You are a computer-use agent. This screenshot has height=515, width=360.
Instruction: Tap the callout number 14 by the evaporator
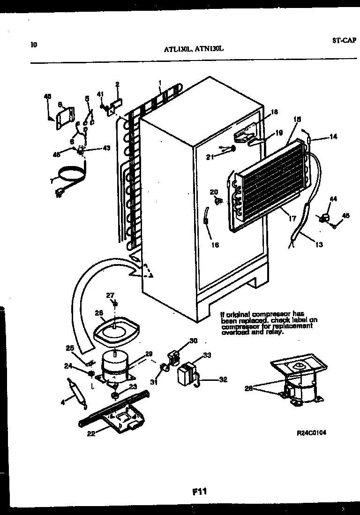[x=333, y=137]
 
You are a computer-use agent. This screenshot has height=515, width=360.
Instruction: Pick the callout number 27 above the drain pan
[x=110, y=295]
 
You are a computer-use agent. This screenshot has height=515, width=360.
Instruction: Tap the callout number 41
[x=100, y=93]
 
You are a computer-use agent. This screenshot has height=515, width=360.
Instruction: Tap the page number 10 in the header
[x=33, y=45]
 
